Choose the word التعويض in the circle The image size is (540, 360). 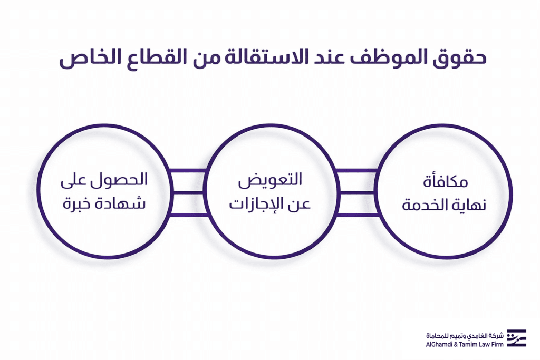pyautogui.click(x=270, y=181)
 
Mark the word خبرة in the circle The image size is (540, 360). pyautogui.click(x=78, y=203)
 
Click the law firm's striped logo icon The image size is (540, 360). pyautogui.click(x=516, y=338)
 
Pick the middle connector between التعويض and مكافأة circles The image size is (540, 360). pyautogui.click(x=357, y=193)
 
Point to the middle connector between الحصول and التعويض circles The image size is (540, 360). pyautogui.click(x=188, y=193)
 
